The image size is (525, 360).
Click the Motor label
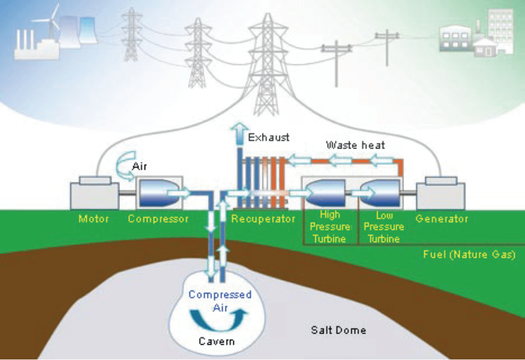pos(93,219)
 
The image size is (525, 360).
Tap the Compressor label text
pos(158,219)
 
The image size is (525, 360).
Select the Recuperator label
pos(262,219)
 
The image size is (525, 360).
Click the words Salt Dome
pos(338,330)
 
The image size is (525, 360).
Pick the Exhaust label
pos(269,137)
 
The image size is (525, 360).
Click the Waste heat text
pos(355,144)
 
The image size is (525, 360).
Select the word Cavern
pos(217,341)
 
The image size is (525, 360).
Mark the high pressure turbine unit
pos(325,193)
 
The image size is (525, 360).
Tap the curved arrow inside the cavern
pos(217,317)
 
